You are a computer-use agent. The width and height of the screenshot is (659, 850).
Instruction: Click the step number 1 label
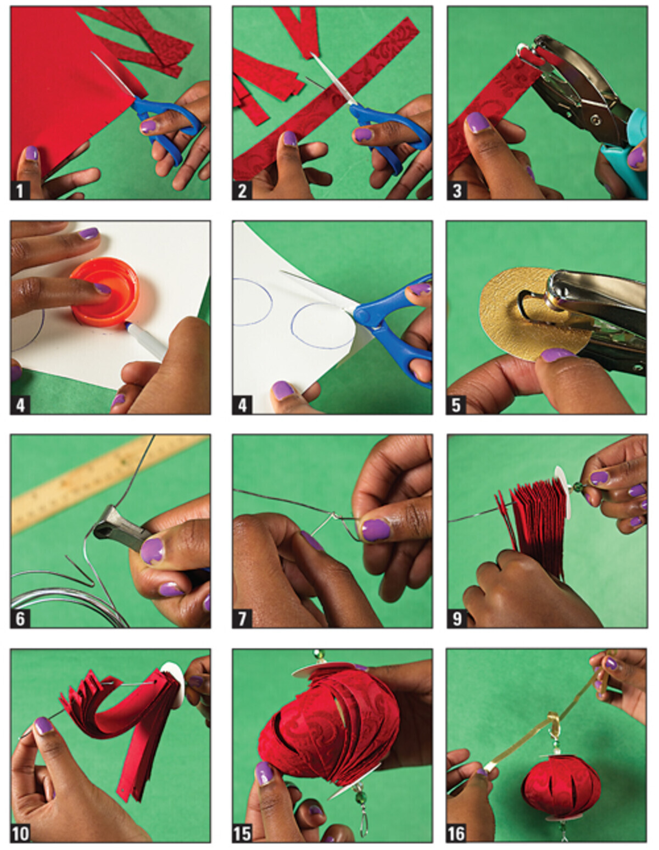(20, 191)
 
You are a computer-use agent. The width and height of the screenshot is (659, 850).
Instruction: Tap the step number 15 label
(242, 833)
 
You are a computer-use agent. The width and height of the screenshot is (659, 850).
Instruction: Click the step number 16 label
(456, 833)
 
